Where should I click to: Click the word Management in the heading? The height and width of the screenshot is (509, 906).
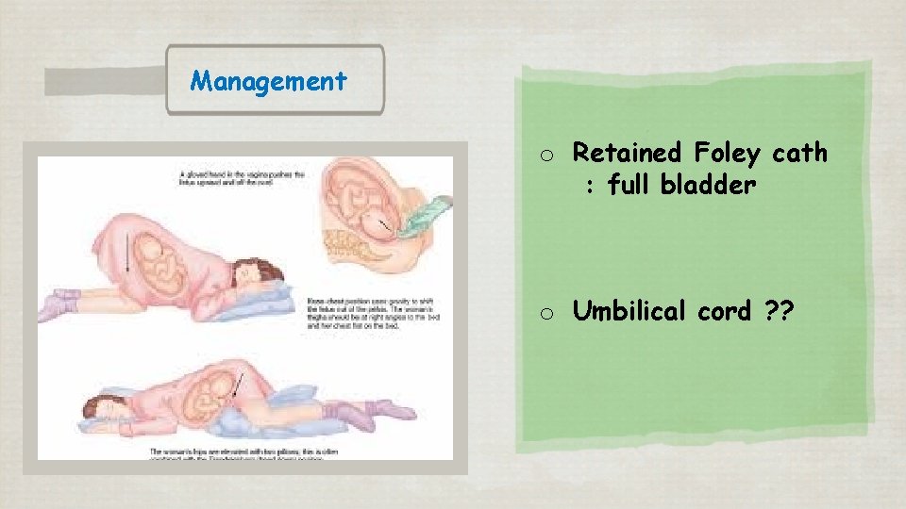[268, 81]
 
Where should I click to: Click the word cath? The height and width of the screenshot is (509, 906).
[799, 152]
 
